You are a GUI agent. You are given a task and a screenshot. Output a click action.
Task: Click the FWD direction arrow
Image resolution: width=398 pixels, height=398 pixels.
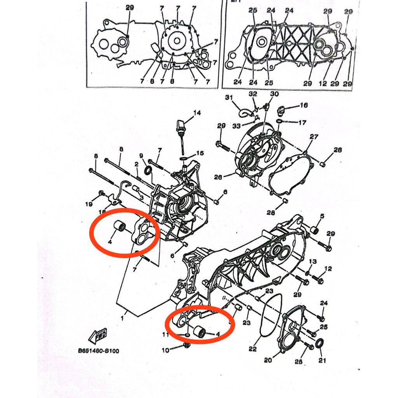[98, 334]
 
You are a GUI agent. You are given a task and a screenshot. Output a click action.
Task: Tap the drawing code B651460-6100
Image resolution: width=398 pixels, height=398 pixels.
[98, 351]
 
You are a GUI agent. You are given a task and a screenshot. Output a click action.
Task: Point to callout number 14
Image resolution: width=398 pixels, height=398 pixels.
[197, 113]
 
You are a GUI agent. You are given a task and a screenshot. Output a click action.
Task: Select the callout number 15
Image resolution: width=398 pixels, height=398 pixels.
[199, 153]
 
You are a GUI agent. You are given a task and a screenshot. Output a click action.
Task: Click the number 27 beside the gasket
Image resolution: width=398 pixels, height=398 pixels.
[314, 137]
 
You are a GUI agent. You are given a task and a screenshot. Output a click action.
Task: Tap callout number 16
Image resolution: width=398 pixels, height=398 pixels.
[304, 105]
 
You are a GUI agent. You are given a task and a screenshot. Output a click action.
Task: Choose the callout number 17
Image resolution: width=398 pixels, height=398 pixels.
[302, 123]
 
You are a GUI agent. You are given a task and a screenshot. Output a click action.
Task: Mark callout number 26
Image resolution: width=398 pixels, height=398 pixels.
[218, 178]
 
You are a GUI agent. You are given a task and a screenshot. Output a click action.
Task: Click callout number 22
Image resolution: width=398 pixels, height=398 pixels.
[253, 349]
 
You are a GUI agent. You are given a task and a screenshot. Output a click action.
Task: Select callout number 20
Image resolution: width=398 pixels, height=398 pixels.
[267, 360]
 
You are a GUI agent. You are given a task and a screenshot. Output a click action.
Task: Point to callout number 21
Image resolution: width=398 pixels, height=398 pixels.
[322, 360]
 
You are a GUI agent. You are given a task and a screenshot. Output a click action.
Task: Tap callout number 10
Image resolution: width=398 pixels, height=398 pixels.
[166, 350]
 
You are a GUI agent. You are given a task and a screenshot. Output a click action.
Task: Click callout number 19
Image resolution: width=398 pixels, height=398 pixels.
[89, 204]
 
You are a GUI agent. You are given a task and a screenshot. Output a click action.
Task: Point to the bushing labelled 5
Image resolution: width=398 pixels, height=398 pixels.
[314, 230]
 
